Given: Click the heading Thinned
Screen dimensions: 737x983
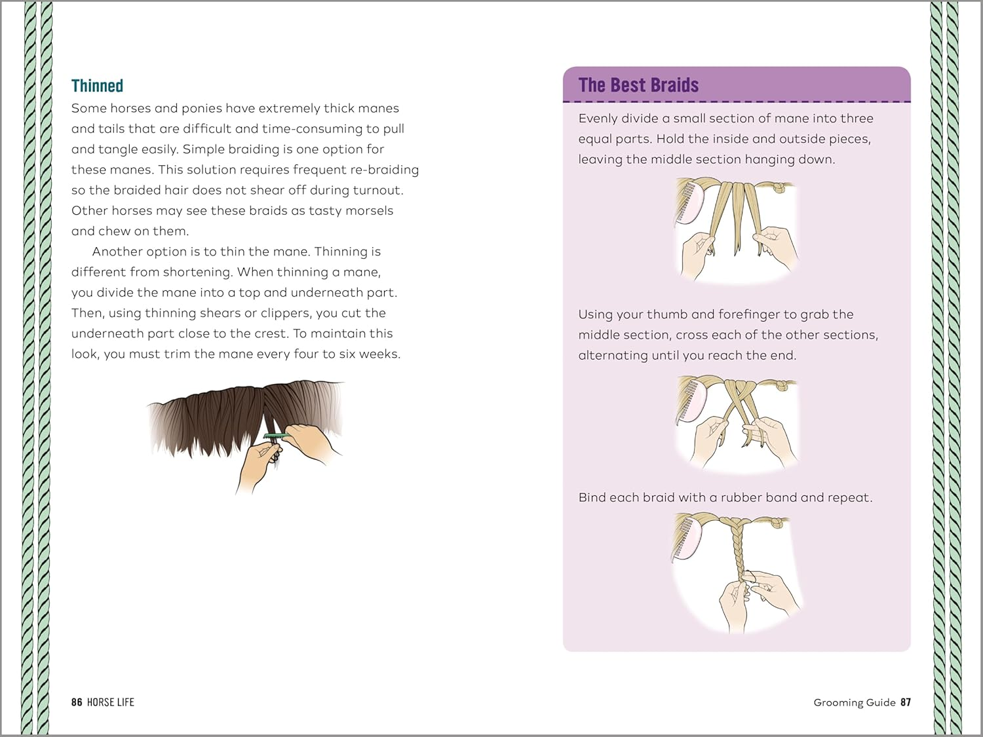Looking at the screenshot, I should click(97, 86).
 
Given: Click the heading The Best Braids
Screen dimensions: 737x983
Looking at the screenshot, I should click(638, 85).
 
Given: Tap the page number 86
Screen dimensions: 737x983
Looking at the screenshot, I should click(77, 702).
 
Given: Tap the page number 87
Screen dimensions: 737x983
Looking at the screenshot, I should click(906, 702).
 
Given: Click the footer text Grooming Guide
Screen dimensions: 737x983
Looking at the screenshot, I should click(854, 702).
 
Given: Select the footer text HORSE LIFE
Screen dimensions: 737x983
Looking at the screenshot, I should click(110, 702).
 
